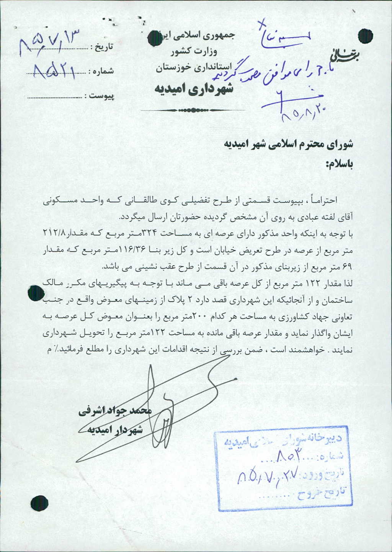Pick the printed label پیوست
[x=101, y=95]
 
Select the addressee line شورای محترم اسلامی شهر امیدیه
[x=288, y=144]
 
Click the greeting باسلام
[x=339, y=164]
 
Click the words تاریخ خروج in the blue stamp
[x=324, y=493]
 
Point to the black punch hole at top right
[x=366, y=36]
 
